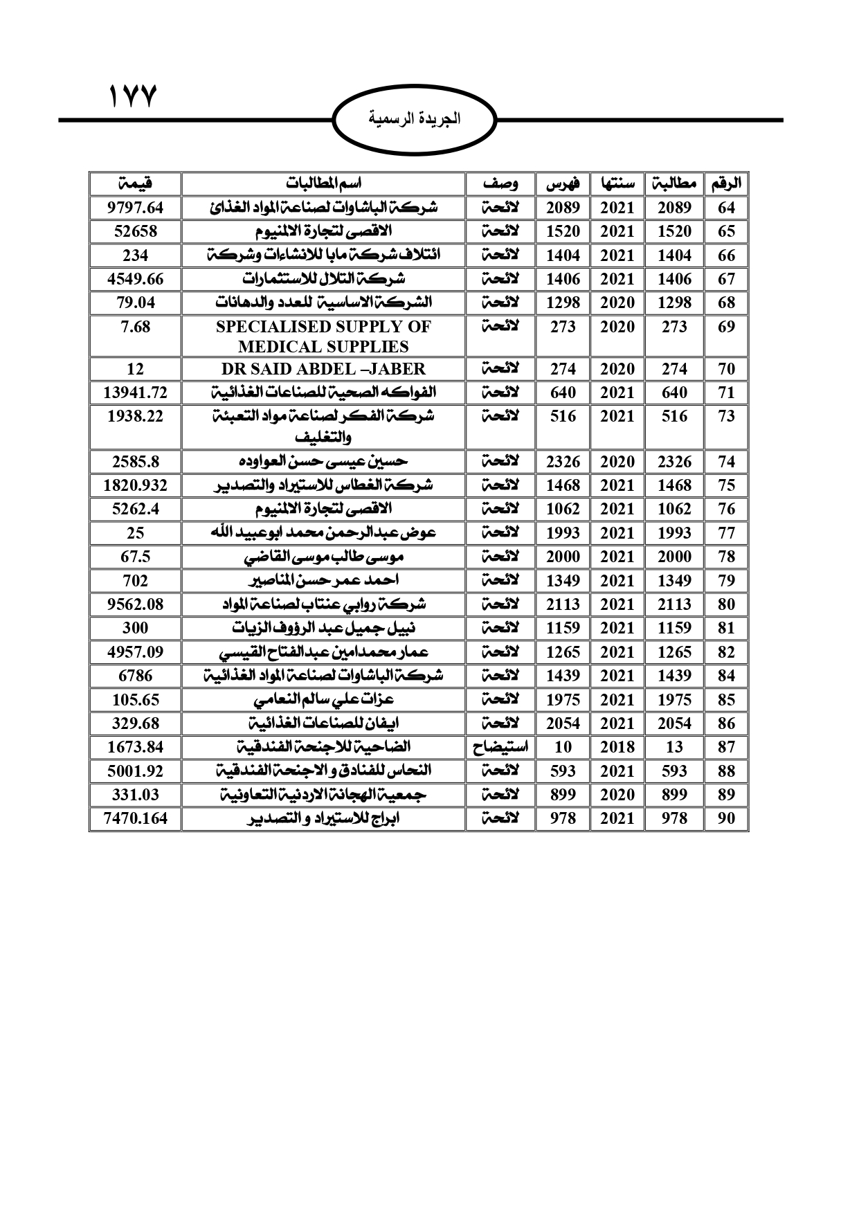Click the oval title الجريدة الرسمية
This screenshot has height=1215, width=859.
coord(415,119)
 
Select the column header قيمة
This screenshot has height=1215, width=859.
coord(135,184)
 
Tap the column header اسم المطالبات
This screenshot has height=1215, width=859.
coord(323,184)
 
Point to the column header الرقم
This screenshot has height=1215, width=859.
coord(726,184)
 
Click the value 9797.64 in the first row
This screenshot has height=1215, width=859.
coord(135,208)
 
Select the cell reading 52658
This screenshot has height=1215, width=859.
coord(135,231)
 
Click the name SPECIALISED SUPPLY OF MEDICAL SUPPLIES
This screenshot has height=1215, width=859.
coord(323,336)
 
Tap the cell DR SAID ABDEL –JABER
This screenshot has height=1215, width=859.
coord(323,369)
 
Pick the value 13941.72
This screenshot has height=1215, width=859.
coord(135,393)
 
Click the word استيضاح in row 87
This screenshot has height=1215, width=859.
coord(500,747)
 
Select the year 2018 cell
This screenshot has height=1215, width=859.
coord(617,747)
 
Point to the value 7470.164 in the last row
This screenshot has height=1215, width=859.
coord(135,818)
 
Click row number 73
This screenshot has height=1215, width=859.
coord(726,416)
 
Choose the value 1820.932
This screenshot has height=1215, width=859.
coord(135,485)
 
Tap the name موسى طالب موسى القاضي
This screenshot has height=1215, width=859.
coord(323,557)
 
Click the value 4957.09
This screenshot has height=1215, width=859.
coord(135,652)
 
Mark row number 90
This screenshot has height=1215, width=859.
coord(726,818)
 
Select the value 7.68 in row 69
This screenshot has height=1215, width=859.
coord(135,326)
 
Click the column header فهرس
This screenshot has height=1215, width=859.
coord(563,184)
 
